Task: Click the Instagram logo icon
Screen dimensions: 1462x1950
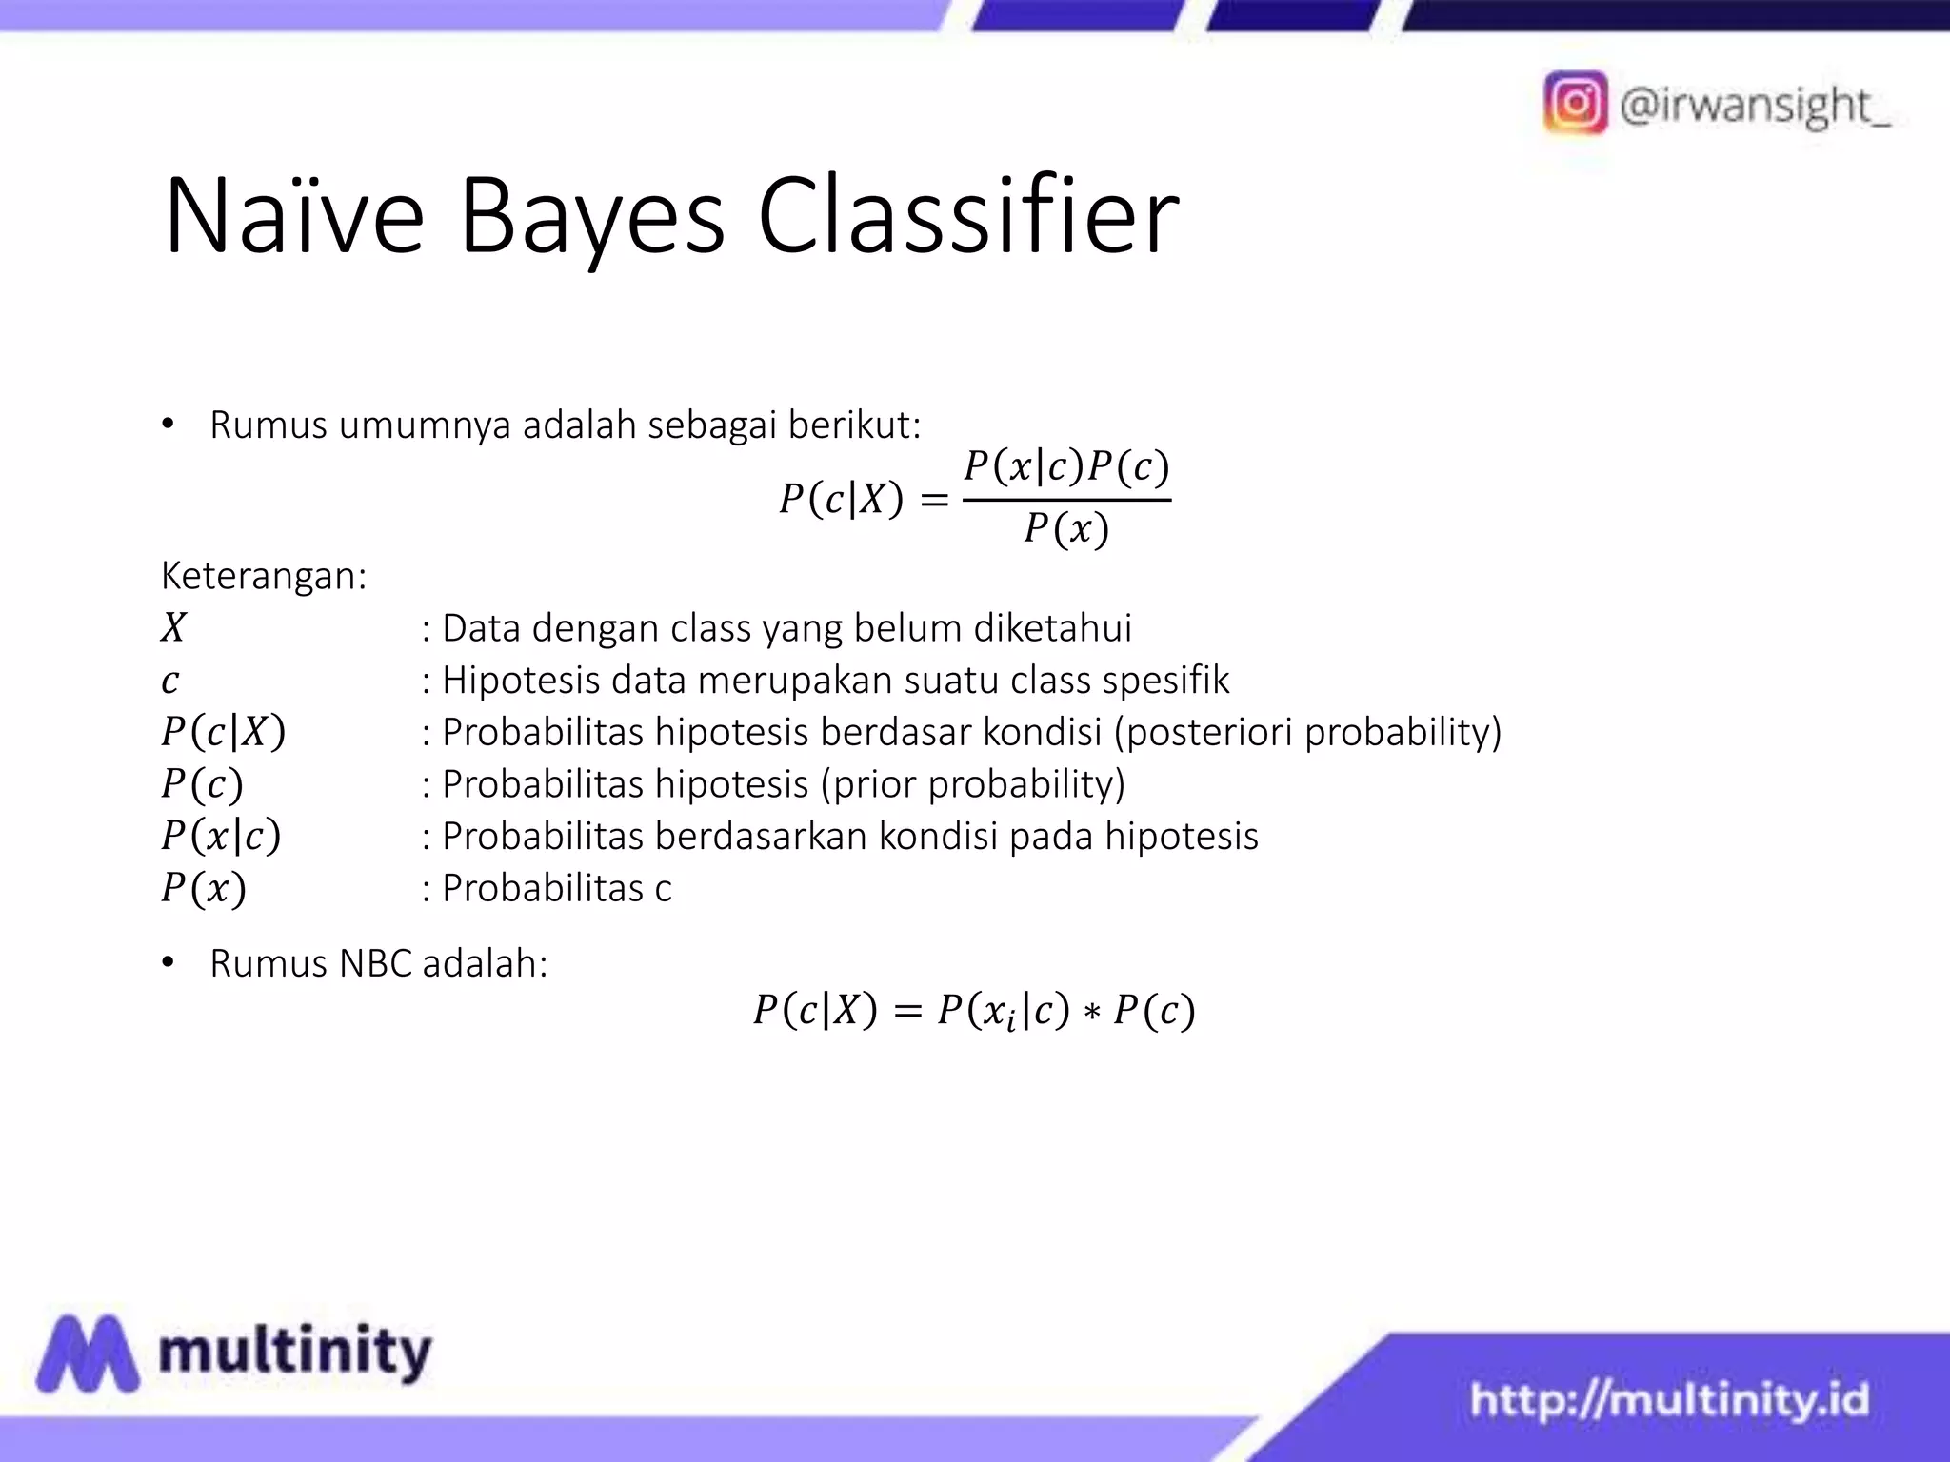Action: pyautogui.click(x=1576, y=103)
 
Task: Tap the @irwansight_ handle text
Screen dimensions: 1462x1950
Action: pyautogui.click(x=1755, y=106)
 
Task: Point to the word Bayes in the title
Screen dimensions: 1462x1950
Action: pyautogui.click(x=591, y=219)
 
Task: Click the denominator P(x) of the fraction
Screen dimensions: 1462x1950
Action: pyautogui.click(x=1066, y=528)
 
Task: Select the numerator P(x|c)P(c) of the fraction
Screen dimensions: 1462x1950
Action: pyautogui.click(x=1066, y=466)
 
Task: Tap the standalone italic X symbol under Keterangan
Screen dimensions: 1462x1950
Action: pyautogui.click(x=173, y=628)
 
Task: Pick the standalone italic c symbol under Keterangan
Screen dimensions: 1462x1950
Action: pyautogui.click(x=170, y=681)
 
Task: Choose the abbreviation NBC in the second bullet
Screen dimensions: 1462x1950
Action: pyautogui.click(x=375, y=963)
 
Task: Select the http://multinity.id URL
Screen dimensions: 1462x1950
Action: pyautogui.click(x=1669, y=1400)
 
